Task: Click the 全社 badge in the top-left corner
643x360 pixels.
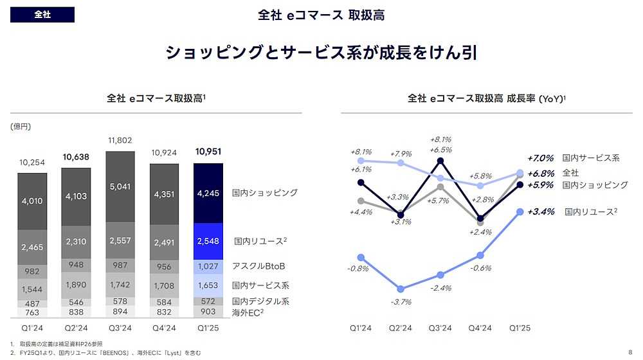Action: [x=42, y=15]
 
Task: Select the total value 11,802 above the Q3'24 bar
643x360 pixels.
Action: [x=120, y=140]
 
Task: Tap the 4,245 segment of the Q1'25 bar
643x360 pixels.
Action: [x=208, y=193]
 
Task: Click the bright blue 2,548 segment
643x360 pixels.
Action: [x=208, y=242]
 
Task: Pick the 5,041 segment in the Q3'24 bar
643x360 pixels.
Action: [x=120, y=187]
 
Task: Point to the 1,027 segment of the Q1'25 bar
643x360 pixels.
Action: [x=208, y=267]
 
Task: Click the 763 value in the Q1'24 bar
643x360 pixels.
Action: [x=32, y=312]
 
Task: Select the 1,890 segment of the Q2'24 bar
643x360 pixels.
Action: [x=76, y=285]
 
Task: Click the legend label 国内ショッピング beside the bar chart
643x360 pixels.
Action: [x=264, y=193]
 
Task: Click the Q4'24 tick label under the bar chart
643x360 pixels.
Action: [x=164, y=328]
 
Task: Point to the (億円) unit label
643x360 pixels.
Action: [x=21, y=127]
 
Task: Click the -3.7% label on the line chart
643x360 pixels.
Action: [x=401, y=301]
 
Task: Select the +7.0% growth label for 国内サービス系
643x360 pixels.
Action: [x=540, y=157]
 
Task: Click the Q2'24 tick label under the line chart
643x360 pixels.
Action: [x=401, y=328]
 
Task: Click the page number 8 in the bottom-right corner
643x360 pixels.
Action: [x=630, y=352]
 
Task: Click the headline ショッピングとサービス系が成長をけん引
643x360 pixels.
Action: [x=321, y=53]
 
